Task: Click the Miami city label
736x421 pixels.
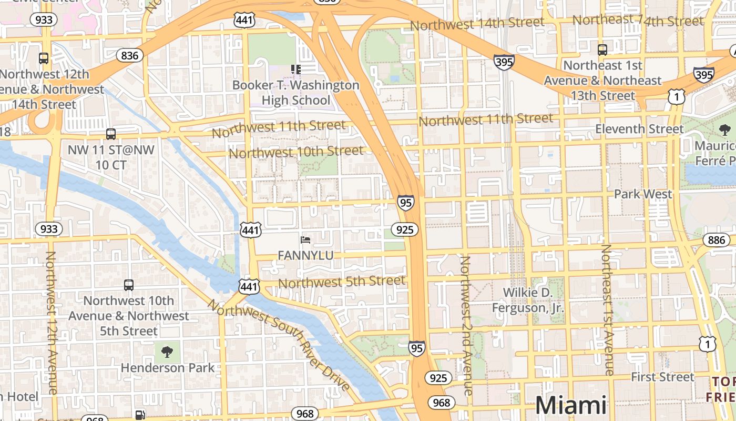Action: click(x=571, y=405)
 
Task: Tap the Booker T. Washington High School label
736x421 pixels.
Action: click(x=296, y=93)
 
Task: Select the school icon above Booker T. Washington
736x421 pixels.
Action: click(x=296, y=69)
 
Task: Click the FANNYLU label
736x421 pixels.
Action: click(x=305, y=255)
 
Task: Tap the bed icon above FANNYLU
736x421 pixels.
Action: click(x=305, y=240)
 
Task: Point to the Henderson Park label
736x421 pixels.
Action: click(x=168, y=367)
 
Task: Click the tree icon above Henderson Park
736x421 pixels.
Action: click(x=167, y=352)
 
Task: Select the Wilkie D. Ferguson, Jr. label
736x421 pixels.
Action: click(x=528, y=300)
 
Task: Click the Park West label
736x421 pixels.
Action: click(x=643, y=194)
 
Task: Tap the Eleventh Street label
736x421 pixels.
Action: click(x=639, y=129)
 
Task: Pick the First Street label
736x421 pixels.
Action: click(x=662, y=377)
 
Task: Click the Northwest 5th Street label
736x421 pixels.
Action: click(x=342, y=282)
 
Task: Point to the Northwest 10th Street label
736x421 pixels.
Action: click(x=296, y=152)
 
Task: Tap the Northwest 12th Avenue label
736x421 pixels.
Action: click(x=52, y=322)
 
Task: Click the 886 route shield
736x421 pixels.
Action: click(x=716, y=240)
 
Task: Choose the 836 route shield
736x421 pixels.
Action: click(x=129, y=56)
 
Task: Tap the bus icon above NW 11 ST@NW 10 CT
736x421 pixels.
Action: click(x=111, y=134)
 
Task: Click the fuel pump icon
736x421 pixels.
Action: click(x=140, y=415)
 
